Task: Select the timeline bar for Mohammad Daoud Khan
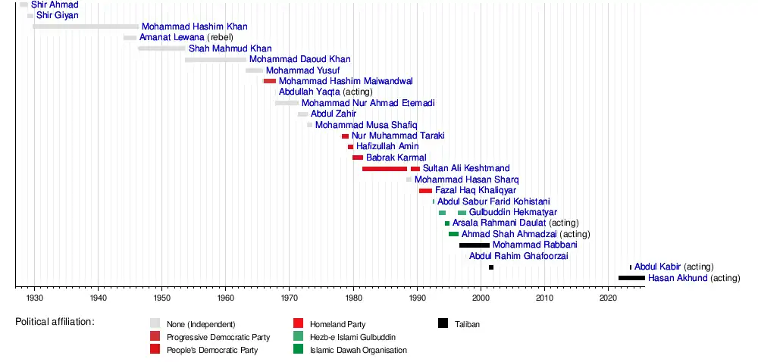[x=215, y=59]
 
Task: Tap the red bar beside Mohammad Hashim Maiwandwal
[x=270, y=81]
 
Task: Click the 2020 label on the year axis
[x=609, y=299]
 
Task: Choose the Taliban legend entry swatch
[x=443, y=324]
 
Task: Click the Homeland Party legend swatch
[x=298, y=324]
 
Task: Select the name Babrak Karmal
[x=396, y=158]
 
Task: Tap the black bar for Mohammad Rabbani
[x=475, y=245]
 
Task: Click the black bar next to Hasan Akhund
[x=631, y=278]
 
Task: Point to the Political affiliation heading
[x=55, y=322]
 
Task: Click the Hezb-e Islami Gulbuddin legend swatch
[x=298, y=337]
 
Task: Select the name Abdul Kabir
[x=657, y=267]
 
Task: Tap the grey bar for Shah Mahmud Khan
[x=161, y=48]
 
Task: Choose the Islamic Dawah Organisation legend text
[x=359, y=350]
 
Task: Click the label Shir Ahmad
[x=55, y=5]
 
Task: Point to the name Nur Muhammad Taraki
[x=397, y=136]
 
